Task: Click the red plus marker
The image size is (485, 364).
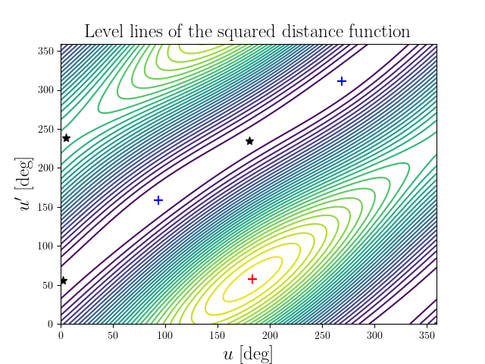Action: click(x=252, y=279)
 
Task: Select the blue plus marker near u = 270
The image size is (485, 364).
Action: click(x=342, y=81)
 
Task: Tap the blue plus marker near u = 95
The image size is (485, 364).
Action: click(x=158, y=200)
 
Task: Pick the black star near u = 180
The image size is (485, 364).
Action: click(x=249, y=141)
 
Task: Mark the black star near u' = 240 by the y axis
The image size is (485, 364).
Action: click(x=66, y=138)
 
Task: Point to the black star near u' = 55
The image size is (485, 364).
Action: click(x=64, y=281)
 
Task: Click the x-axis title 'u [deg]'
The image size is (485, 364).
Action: click(x=248, y=353)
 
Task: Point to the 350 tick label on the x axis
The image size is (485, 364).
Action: click(x=426, y=334)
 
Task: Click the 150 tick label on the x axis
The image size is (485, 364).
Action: click(x=217, y=334)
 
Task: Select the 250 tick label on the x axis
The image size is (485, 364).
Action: click(x=322, y=334)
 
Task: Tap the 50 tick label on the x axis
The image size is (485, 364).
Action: click(x=113, y=334)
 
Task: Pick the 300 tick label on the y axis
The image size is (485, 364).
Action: click(x=45, y=90)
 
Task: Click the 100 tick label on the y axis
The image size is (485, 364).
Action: click(x=45, y=246)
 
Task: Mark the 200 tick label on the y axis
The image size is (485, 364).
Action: click(x=45, y=168)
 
